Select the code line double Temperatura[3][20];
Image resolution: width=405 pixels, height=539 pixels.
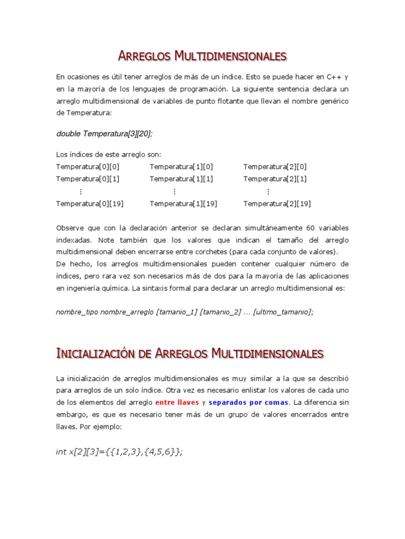[x=104, y=134]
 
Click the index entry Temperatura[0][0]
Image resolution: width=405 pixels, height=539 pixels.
[x=88, y=167]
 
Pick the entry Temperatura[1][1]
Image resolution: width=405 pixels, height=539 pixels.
[x=181, y=179]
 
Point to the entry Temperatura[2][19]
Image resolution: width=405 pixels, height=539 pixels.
[x=277, y=204]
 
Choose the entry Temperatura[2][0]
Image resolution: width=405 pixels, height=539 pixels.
[x=275, y=167]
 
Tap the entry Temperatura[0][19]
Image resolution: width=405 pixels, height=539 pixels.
[x=90, y=204]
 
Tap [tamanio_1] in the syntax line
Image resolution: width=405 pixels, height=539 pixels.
[x=177, y=312]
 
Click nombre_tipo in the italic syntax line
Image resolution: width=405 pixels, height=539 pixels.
[x=77, y=312]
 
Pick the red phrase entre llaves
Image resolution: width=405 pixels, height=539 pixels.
[x=177, y=403]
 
